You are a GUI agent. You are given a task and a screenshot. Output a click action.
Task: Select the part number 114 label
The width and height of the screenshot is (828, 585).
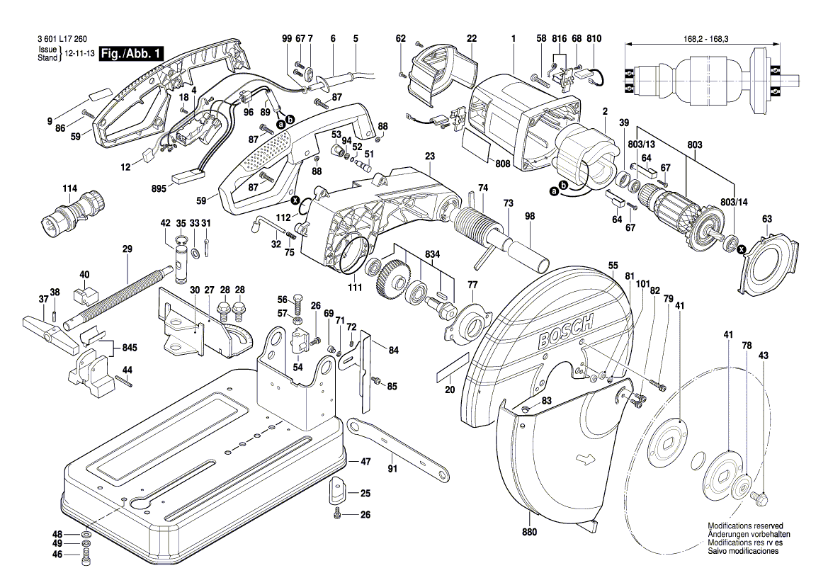69,189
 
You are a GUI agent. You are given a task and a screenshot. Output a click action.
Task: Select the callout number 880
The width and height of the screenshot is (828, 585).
529,532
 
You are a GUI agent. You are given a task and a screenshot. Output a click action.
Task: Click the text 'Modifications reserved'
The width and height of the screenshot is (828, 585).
743,526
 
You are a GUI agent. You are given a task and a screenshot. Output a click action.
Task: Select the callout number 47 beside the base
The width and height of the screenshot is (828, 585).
365,461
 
